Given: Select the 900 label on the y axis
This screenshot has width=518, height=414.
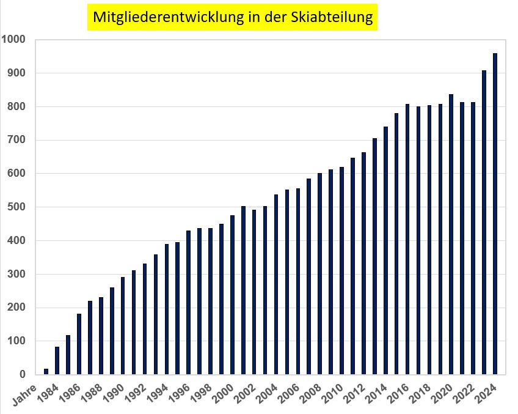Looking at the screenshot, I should [16, 73].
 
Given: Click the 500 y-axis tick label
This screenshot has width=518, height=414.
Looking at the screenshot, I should [16, 207].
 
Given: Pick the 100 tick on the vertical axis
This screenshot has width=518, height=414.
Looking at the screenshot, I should [16, 341].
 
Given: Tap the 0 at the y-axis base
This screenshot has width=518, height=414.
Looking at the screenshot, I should [23, 375].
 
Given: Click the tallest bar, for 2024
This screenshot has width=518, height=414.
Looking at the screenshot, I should [495, 214].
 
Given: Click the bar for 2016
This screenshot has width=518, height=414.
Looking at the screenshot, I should [407, 239].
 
